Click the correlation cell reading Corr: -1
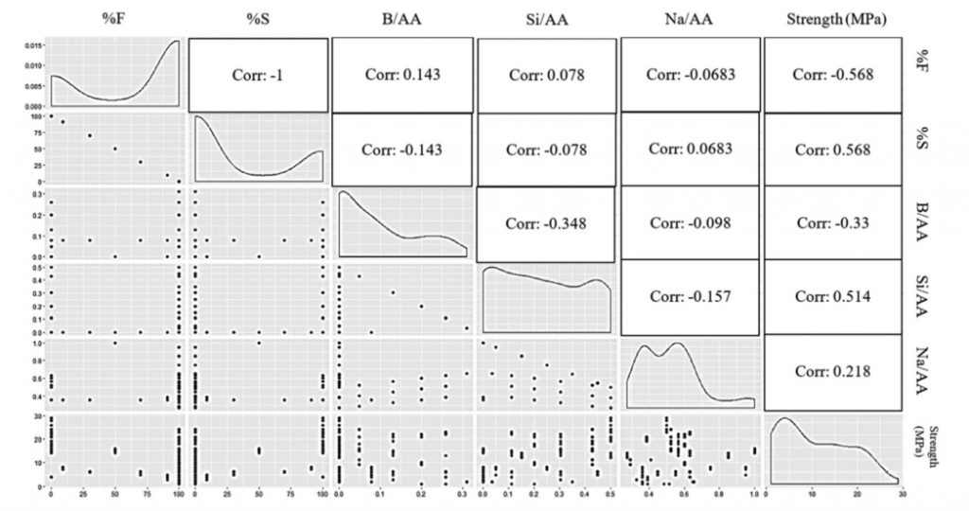[258, 75]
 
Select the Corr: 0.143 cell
[402, 75]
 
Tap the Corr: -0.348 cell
[546, 224]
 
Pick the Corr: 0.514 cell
[832, 296]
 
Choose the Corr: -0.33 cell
[832, 223]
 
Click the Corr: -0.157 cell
[690, 296]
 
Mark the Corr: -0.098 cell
[690, 223]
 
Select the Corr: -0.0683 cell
[690, 75]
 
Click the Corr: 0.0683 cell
[690, 150]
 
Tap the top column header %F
[115, 18]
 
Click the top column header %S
[258, 18]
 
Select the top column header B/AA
[402, 18]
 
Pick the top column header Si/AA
[546, 18]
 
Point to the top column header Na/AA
[690, 18]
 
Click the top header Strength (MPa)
[832, 18]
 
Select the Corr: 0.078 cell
[546, 75]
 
